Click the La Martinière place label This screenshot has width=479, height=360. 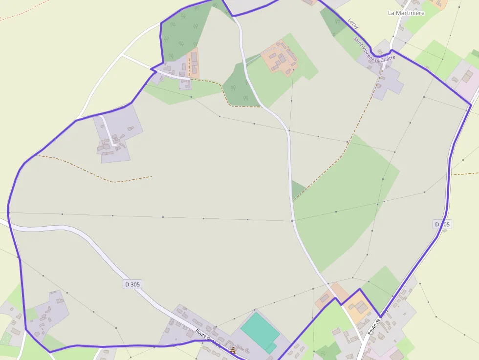[406, 13]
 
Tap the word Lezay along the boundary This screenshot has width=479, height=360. [354, 23]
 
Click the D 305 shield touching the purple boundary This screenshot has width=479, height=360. [442, 224]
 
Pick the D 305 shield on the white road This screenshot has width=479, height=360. [132, 284]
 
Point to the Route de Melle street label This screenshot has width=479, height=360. [208, 339]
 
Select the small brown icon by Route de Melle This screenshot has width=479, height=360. [233, 350]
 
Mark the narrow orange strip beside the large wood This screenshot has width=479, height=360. [194, 63]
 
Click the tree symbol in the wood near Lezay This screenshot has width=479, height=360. [337, 21]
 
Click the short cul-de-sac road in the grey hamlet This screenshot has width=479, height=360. [107, 129]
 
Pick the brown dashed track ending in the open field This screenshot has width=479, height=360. [98, 173]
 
